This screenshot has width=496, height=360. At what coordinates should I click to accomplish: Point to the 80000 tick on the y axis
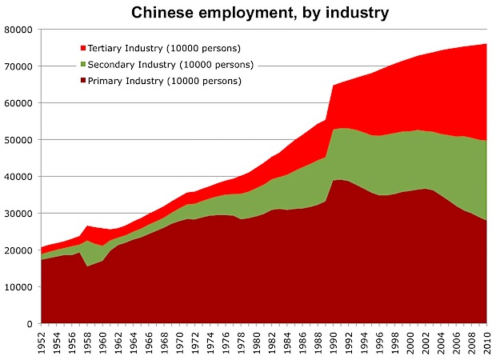point(17,30)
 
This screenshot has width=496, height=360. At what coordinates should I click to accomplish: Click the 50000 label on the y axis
point(17,140)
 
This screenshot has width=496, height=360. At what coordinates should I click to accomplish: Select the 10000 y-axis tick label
point(17,287)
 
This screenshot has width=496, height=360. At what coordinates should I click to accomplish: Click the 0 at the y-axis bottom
point(29,324)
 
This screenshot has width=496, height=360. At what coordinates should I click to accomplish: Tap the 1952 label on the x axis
point(42,342)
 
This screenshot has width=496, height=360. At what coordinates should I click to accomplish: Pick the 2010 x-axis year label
point(487,342)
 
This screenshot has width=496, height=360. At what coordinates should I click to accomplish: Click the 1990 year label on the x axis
point(334,342)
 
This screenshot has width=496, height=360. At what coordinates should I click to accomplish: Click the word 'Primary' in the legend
point(106,81)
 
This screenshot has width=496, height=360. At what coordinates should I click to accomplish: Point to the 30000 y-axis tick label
point(17,214)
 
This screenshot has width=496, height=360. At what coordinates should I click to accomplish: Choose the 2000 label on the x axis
point(410,342)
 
